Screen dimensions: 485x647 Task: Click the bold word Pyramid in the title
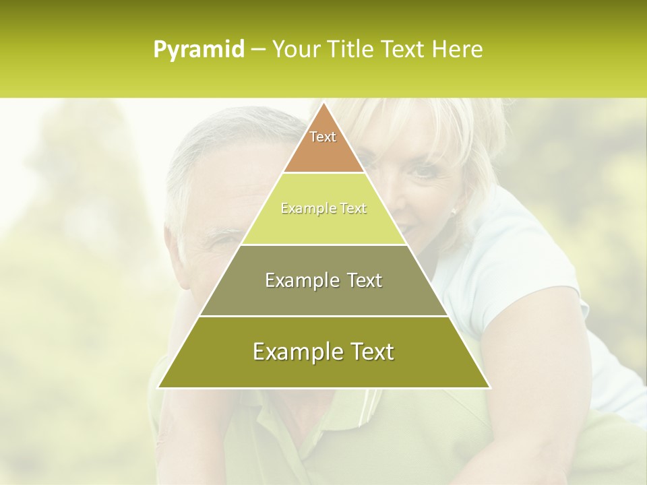(x=199, y=49)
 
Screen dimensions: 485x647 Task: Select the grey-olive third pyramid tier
(x=323, y=296)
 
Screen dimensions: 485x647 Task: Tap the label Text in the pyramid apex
(x=323, y=137)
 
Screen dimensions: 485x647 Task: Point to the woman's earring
(x=454, y=212)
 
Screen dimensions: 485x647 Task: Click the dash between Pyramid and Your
(x=257, y=49)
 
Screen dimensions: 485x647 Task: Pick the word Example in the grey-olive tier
(x=301, y=280)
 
